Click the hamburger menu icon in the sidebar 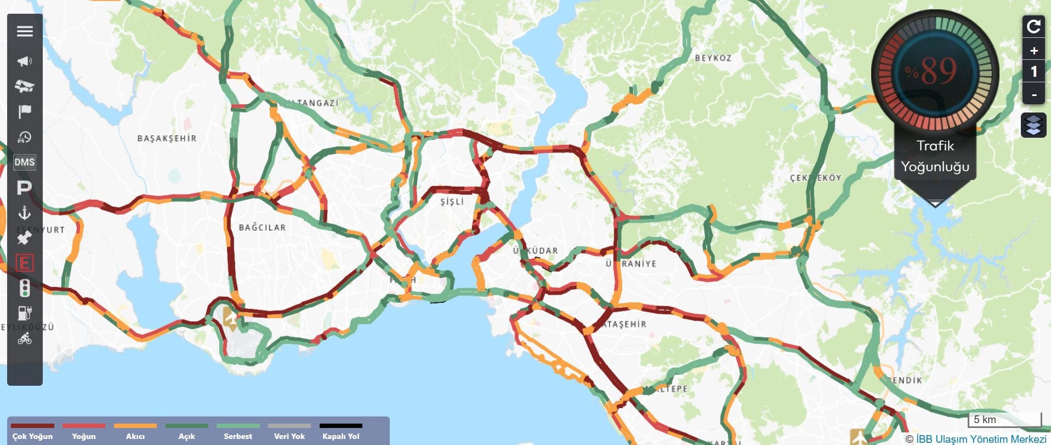[25, 31]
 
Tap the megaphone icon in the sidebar [25, 61]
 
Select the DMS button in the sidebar [25, 162]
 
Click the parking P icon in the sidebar [24, 188]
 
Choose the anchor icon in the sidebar [24, 212]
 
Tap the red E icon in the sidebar [25, 263]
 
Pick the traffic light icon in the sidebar [25, 288]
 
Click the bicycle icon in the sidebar [25, 339]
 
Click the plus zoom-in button [1034, 51]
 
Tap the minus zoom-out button [1034, 94]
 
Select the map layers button [1033, 126]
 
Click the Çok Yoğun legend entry [32, 436]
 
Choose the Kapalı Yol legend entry [341, 436]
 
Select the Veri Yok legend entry [289, 436]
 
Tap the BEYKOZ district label [713, 58]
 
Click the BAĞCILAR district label [262, 228]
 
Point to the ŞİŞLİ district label [452, 202]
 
